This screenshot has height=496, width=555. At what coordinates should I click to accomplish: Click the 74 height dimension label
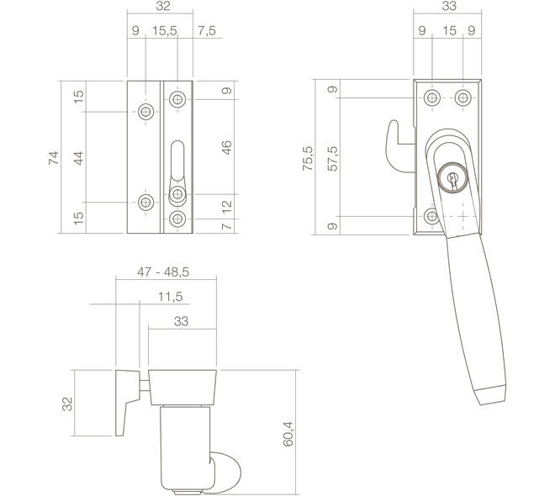pyautogui.click(x=54, y=157)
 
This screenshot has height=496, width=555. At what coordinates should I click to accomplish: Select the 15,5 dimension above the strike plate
pyautogui.click(x=165, y=31)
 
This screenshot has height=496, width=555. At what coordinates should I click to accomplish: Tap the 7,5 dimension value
pyautogui.click(x=207, y=31)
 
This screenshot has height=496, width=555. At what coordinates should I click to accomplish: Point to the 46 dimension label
pyautogui.click(x=226, y=147)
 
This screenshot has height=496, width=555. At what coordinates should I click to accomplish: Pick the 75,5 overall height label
pyautogui.click(x=308, y=158)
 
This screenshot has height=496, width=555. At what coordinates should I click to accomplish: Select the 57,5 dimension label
pyautogui.click(x=333, y=158)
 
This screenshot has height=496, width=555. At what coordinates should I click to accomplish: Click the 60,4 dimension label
pyautogui.click(x=288, y=434)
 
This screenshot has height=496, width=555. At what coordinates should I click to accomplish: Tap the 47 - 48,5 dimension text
pyautogui.click(x=163, y=272)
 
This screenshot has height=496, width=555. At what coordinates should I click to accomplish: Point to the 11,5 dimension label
pyautogui.click(x=170, y=297)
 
